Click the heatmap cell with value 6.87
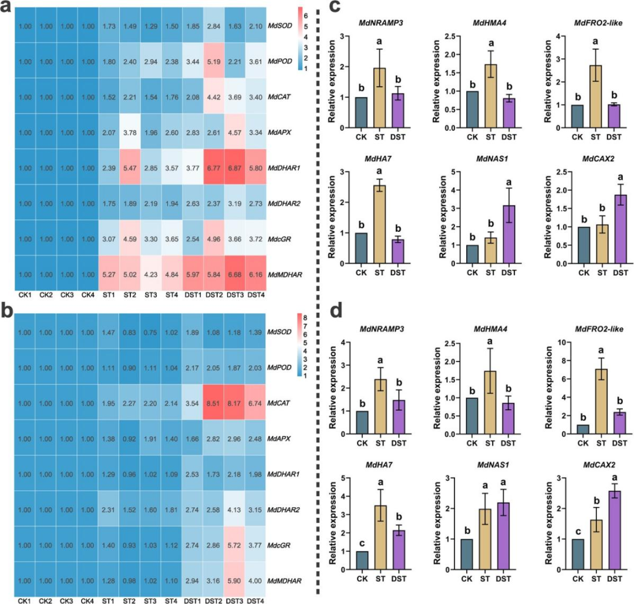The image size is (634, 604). coord(233,167)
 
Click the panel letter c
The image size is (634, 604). coord(335,8)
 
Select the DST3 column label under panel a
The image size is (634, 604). coord(233,295)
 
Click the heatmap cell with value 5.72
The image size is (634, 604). coord(233,544)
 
